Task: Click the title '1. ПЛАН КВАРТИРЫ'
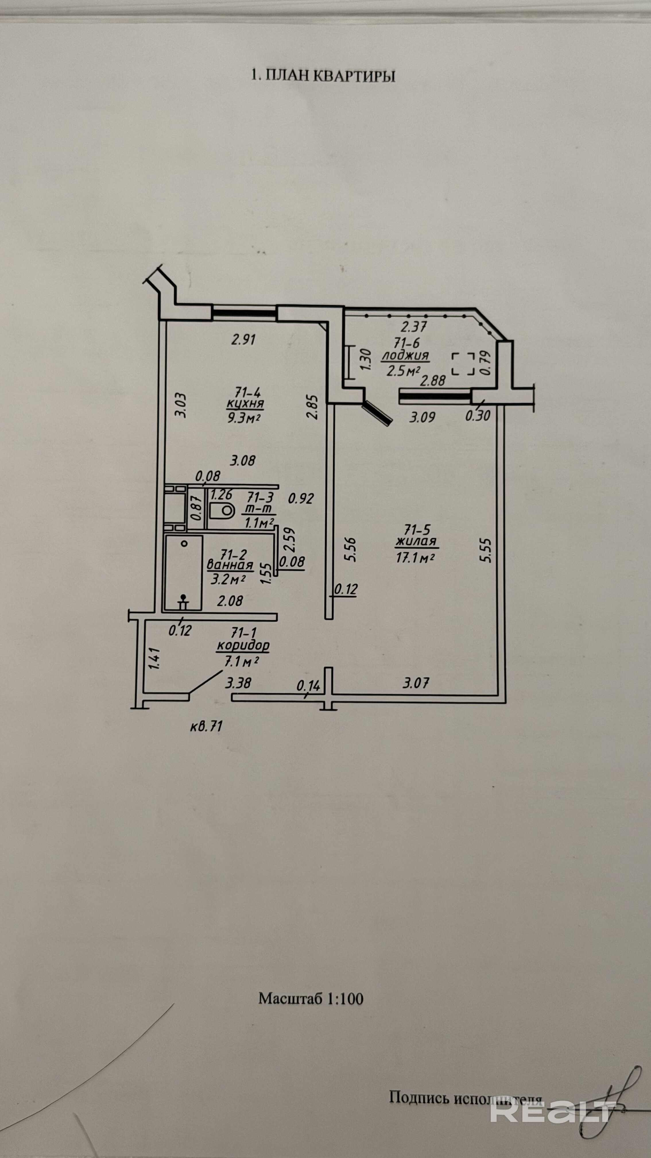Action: (323, 76)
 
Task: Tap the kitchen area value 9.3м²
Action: (244, 418)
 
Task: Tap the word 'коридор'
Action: (243, 646)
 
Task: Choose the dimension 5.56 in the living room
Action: (351, 549)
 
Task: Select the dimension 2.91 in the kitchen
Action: (243, 339)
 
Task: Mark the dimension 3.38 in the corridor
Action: (239, 683)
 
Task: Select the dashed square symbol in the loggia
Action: (463, 364)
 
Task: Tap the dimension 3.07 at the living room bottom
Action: (416, 683)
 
